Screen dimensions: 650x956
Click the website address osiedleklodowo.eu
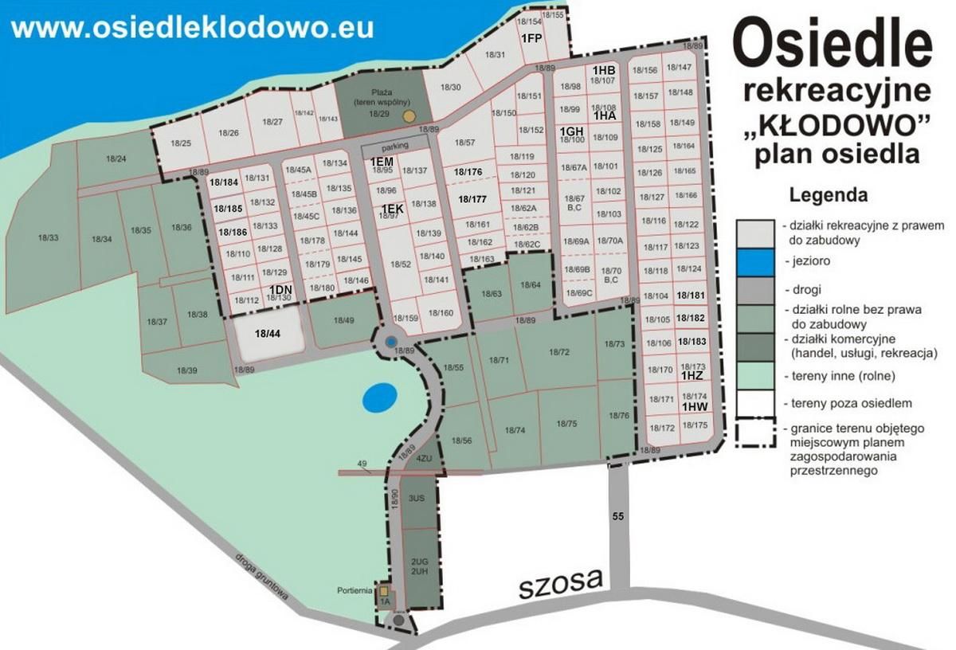[192, 27]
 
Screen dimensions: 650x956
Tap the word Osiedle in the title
[832, 46]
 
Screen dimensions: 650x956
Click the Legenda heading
[828, 194]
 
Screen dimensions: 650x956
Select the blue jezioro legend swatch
[755, 260]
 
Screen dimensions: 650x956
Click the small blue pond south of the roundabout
[378, 397]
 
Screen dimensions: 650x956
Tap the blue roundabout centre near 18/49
[390, 342]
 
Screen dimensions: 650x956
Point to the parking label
[394, 148]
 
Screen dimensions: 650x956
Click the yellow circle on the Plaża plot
[409, 116]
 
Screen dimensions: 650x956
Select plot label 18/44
[268, 333]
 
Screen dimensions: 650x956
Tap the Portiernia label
[355, 590]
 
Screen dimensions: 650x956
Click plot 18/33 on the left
[48, 237]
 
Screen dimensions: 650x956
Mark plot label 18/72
[560, 351]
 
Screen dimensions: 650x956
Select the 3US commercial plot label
[416, 498]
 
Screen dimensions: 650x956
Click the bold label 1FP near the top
[531, 38]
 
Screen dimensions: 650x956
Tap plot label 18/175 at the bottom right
[695, 425]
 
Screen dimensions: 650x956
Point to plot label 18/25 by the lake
[181, 143]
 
